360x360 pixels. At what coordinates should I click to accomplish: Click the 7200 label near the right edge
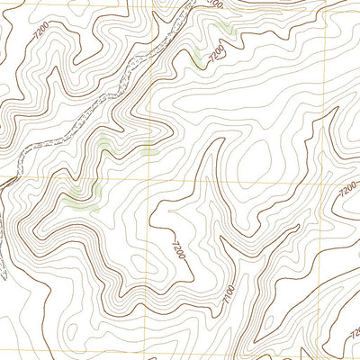[x=346, y=193]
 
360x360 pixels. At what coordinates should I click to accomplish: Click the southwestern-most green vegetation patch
[x=83, y=205]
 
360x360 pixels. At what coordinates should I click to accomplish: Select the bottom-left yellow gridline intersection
[x=148, y=354]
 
